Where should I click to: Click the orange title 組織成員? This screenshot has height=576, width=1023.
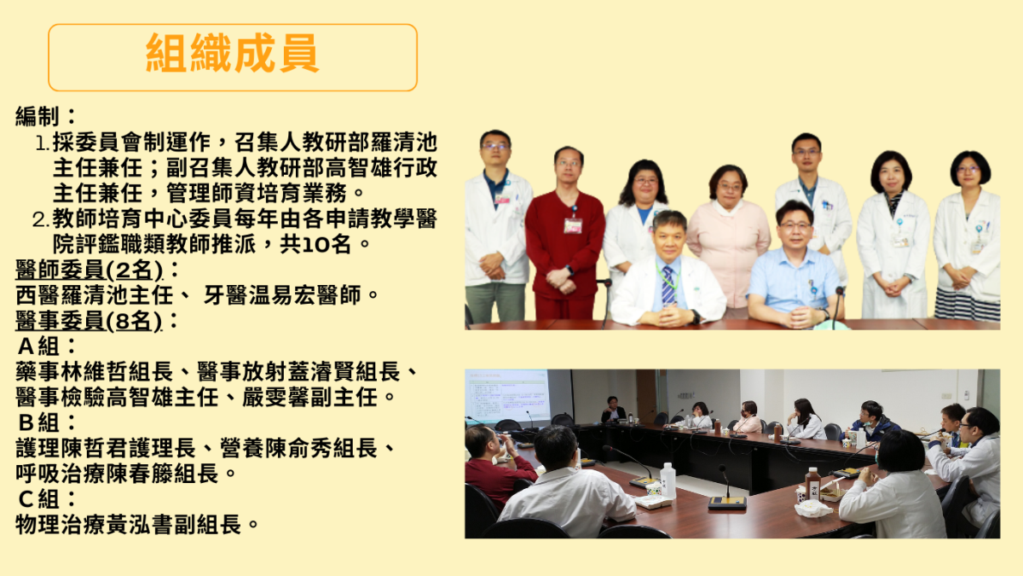click(232, 53)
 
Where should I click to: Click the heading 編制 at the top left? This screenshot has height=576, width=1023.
click(37, 116)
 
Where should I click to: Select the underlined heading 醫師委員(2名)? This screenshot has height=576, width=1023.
click(89, 270)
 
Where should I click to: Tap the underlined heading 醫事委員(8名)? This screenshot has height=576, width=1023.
click(89, 321)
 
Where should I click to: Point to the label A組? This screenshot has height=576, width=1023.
click(38, 346)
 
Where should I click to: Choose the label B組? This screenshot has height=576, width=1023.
click(38, 423)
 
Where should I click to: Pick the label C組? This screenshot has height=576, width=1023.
click(38, 499)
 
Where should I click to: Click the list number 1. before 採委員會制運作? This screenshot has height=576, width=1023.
click(43, 144)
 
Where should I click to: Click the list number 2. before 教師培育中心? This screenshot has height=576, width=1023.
click(41, 220)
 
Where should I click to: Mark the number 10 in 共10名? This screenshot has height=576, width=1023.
click(316, 245)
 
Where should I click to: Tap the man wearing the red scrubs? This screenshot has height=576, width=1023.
click(565, 233)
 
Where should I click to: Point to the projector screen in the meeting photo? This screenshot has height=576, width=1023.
click(508, 396)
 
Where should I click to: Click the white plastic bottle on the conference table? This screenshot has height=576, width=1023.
click(668, 480)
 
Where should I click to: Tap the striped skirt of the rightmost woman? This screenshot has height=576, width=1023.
click(968, 304)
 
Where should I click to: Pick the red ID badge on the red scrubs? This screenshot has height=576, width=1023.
click(573, 226)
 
